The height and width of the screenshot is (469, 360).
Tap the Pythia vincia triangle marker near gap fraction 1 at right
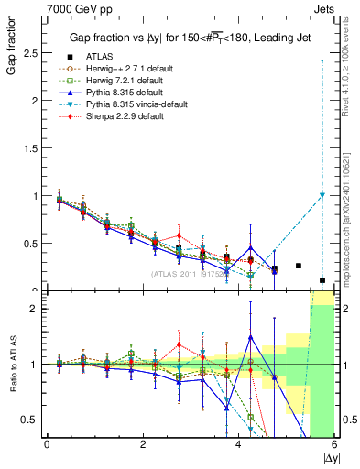point(322,195)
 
